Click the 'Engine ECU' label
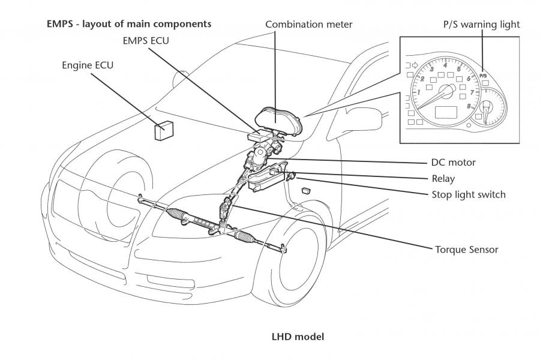pyautogui.click(x=88, y=65)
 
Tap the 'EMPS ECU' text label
pyautogui.click(x=146, y=41)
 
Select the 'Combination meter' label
pyautogui.click(x=308, y=25)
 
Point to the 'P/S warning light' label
pyautogui.click(x=481, y=25)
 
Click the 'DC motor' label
pyautogui.click(x=453, y=162)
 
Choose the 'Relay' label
pyautogui.click(x=443, y=178)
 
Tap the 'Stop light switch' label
pyautogui.click(x=469, y=194)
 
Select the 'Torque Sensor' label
pyautogui.click(x=467, y=250)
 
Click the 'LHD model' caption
pyautogui.click(x=298, y=337)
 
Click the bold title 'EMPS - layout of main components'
pyautogui.click(x=129, y=24)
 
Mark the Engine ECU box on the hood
pyautogui.click(x=164, y=131)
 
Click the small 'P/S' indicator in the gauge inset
pyautogui.click(x=483, y=76)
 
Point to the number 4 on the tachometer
pyautogui.click(x=445, y=65)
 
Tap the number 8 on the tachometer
pyautogui.click(x=469, y=106)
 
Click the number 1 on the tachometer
pyautogui.click(x=419, y=92)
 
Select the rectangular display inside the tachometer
pyautogui.click(x=446, y=113)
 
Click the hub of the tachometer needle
pyautogui.click(x=448, y=91)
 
